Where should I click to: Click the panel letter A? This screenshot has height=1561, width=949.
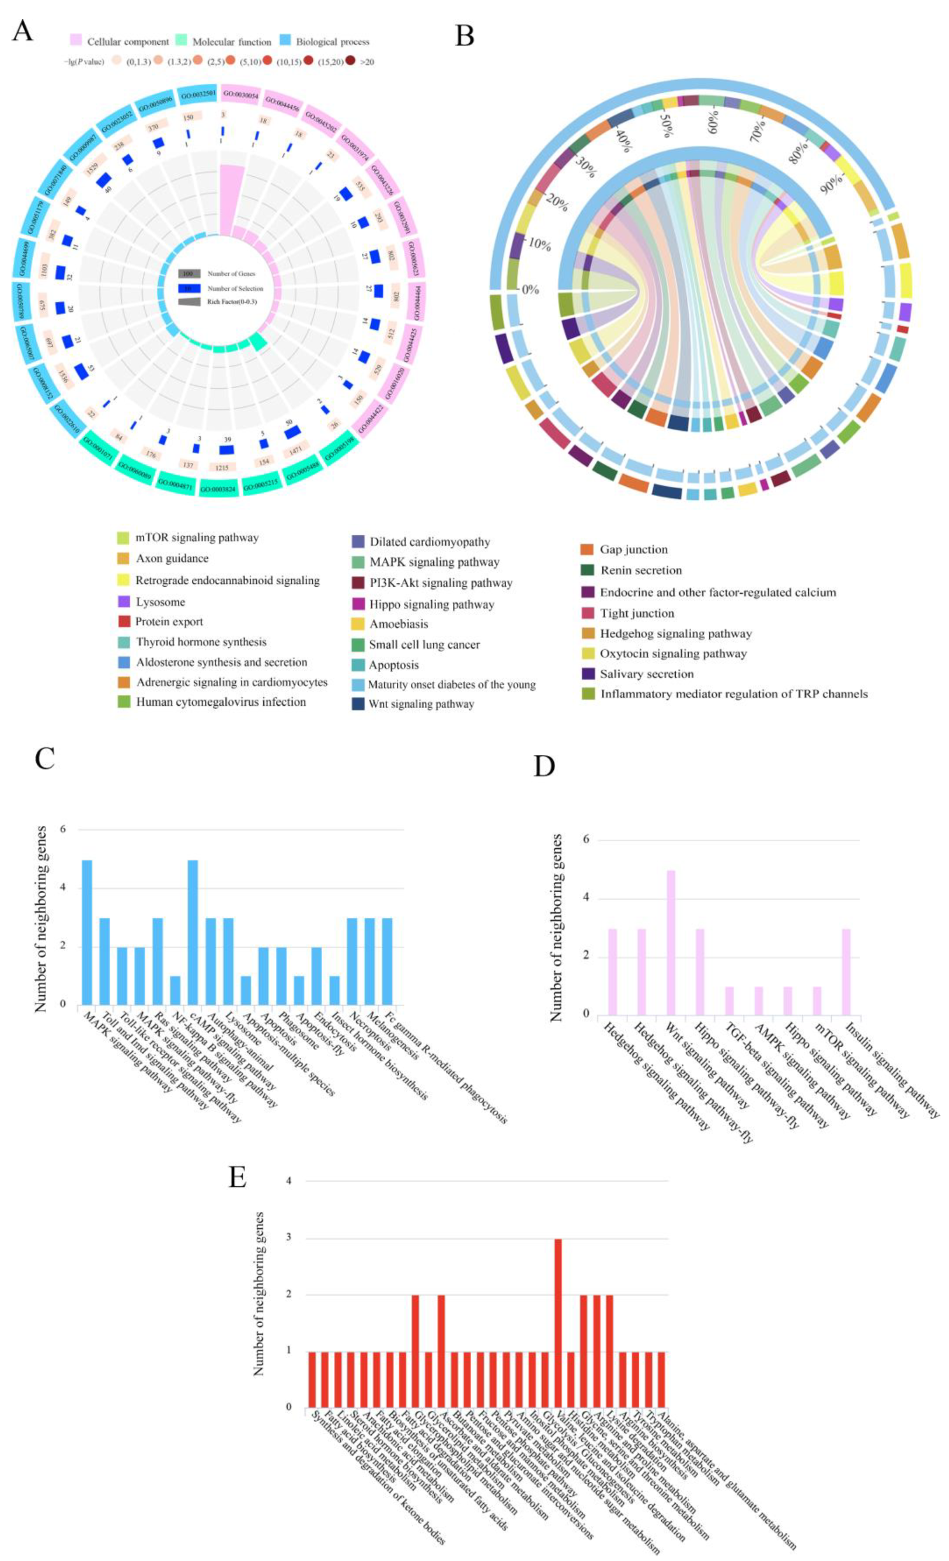[x=23, y=30]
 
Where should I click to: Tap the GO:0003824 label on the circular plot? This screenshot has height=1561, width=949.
[x=218, y=489]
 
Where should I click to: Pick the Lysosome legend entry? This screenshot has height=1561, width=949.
[x=161, y=601]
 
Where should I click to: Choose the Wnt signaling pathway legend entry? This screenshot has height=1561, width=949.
[x=421, y=704]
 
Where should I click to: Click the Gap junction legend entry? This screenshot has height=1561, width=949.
[x=633, y=549]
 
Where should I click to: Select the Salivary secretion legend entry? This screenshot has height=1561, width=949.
[x=646, y=674]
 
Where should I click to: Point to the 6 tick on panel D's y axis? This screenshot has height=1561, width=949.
[x=585, y=840]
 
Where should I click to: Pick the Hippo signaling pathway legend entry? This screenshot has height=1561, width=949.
[x=431, y=604]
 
